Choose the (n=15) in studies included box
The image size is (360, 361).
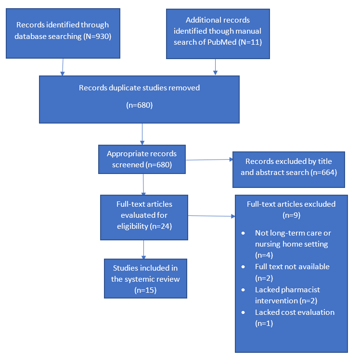click(x=145, y=290)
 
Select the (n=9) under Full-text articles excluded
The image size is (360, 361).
click(x=291, y=215)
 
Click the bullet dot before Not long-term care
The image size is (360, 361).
click(x=244, y=233)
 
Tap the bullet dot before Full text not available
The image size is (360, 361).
click(x=244, y=267)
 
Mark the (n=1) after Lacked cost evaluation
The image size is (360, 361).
click(x=264, y=324)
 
